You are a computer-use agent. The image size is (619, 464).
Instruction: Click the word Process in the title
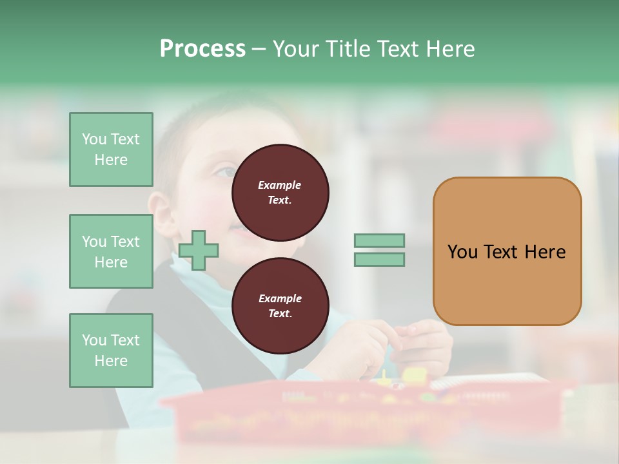pyautogui.click(x=202, y=49)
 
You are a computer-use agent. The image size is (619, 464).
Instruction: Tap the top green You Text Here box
pyautogui.click(x=111, y=150)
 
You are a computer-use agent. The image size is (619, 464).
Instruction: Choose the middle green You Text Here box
pyautogui.click(x=111, y=251)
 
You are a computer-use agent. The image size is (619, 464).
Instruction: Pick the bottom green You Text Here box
pyautogui.click(x=111, y=351)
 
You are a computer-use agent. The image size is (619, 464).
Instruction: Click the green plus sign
pyautogui.click(x=199, y=249)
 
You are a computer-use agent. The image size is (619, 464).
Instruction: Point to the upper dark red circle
pyautogui.click(x=280, y=192)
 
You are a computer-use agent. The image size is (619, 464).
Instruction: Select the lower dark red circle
pyautogui.click(x=280, y=305)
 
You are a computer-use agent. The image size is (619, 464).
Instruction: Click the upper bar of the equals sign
pyautogui.click(x=379, y=240)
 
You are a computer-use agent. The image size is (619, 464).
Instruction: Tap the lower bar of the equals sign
pyautogui.click(x=379, y=259)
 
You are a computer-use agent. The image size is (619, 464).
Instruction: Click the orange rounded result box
pyautogui.click(x=507, y=251)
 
